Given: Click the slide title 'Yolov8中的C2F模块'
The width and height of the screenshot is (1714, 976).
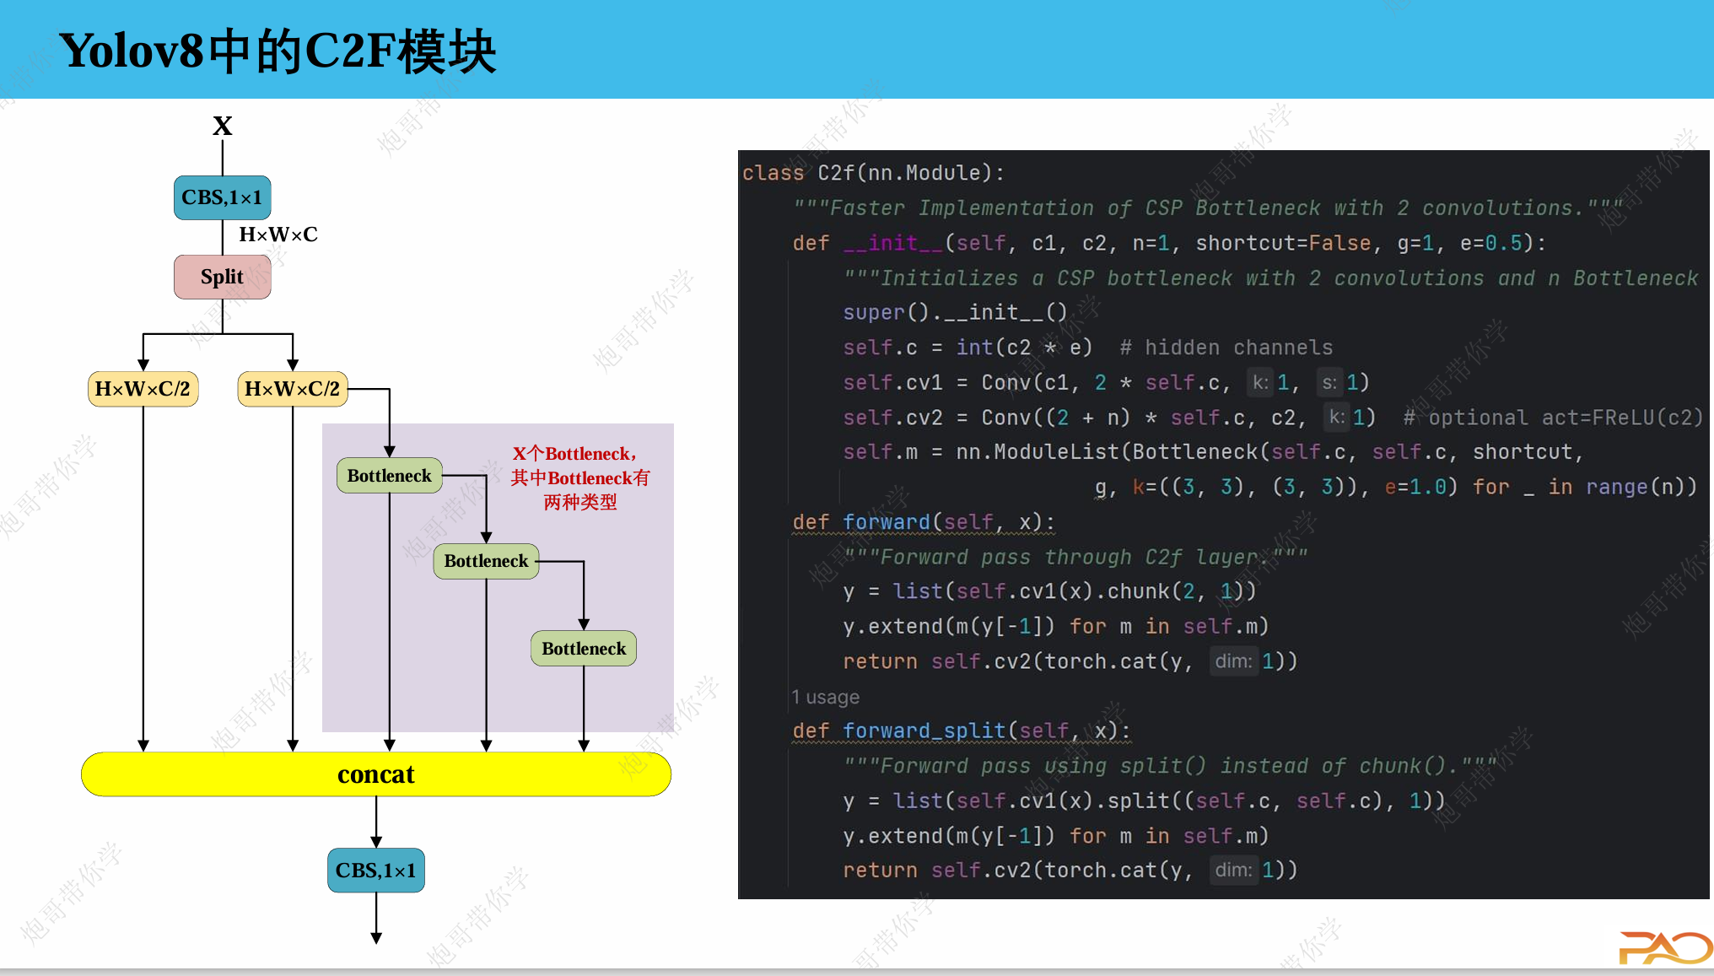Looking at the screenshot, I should tap(278, 51).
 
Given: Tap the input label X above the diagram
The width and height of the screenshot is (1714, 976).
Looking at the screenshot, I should tap(223, 127).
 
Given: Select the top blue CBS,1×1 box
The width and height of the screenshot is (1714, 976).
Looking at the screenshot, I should tap(223, 197).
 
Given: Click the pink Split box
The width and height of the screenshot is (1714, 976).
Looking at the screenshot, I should tap(223, 278).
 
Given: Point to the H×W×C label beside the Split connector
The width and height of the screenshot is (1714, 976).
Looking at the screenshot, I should tap(278, 235).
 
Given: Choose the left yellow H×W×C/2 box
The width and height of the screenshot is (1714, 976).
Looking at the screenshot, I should tap(143, 389).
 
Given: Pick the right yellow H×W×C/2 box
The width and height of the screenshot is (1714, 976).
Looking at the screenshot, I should tap(293, 389).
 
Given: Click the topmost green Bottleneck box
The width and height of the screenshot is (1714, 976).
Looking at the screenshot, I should tap(390, 476).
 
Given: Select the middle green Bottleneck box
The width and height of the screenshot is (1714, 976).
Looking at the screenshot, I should tap(486, 561).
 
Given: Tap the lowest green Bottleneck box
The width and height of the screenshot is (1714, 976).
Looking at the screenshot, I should tap(584, 649).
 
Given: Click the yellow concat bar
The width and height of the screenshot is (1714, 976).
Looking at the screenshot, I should tap(376, 774).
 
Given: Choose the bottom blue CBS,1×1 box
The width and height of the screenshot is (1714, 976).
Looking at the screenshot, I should tap(376, 871).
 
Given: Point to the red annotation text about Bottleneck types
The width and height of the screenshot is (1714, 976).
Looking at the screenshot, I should tap(580, 478).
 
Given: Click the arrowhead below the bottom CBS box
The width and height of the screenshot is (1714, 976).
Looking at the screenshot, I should tap(376, 937).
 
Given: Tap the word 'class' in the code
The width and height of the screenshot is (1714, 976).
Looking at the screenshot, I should tap(773, 174).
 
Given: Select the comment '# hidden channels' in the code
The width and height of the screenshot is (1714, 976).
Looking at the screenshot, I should tap(1226, 348).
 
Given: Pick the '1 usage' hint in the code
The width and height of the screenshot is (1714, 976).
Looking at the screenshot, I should tap(826, 698).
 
